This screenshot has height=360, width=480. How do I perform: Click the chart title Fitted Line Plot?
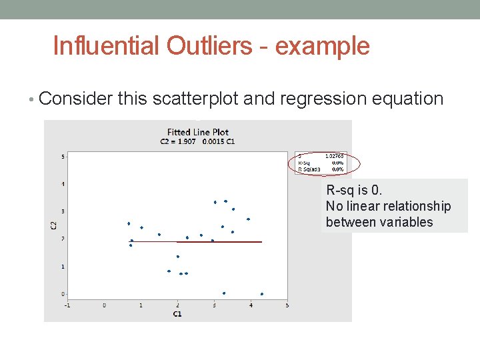pyautogui.click(x=197, y=132)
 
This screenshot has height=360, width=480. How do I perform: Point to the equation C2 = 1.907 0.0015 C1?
pyautogui.click(x=197, y=141)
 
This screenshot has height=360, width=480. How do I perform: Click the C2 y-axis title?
pyautogui.click(x=54, y=225)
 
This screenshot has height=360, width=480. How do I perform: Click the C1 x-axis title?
pyautogui.click(x=177, y=313)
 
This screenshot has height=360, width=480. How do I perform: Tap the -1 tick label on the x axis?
pyautogui.click(x=67, y=305)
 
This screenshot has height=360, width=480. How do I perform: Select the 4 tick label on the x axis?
pyautogui.click(x=251, y=305)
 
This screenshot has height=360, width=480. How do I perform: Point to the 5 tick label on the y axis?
pyautogui.click(x=63, y=157)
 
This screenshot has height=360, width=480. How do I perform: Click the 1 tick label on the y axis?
pyautogui.click(x=63, y=267)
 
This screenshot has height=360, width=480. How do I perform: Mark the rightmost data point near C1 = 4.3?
pyautogui.click(x=262, y=294)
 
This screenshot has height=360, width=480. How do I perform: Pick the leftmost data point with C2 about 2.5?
pyautogui.click(x=129, y=223)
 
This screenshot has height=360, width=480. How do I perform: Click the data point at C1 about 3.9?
pyautogui.click(x=248, y=219)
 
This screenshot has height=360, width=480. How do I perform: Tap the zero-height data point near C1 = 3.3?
pyautogui.click(x=224, y=293)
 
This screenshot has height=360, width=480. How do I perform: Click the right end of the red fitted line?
pyautogui.click(x=261, y=242)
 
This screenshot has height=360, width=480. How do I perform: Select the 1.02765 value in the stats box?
pyautogui.click(x=334, y=156)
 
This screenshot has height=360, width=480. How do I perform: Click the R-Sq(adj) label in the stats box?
pyautogui.click(x=309, y=169)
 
